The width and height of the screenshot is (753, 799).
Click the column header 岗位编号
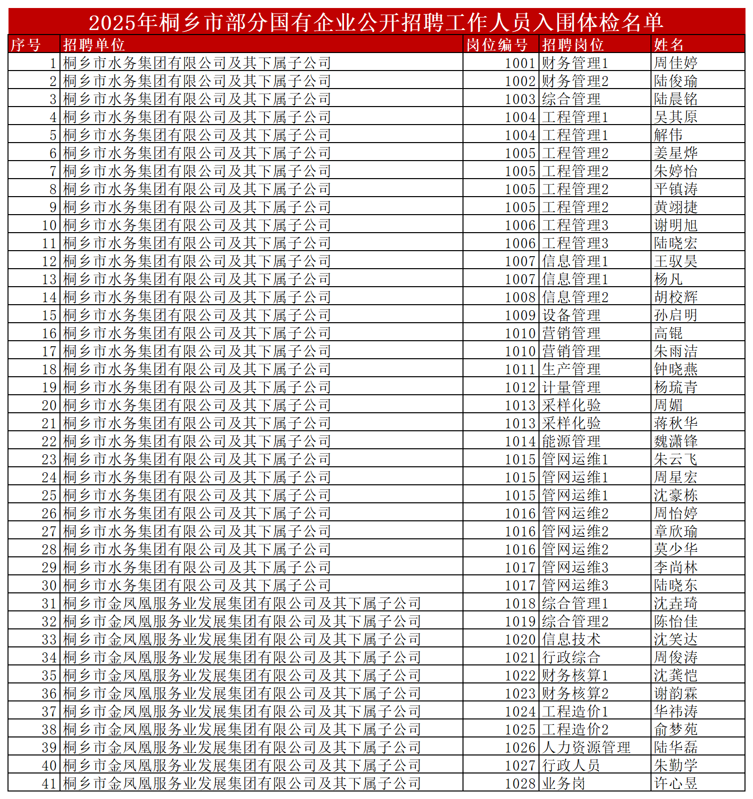click(496, 45)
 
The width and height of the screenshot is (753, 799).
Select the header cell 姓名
click(668, 45)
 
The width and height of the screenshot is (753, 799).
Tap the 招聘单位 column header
click(93, 45)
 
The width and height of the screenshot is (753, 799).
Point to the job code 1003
click(520, 99)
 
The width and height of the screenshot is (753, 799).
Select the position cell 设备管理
click(571, 315)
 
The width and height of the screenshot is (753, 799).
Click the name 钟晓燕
click(675, 369)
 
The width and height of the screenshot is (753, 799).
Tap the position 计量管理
click(571, 387)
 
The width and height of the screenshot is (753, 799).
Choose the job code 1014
click(520, 441)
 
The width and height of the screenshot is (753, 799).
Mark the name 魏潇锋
click(675, 441)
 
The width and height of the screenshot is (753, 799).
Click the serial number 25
click(49, 495)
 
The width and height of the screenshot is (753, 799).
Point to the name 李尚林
click(675, 567)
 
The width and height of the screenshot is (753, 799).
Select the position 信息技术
click(571, 639)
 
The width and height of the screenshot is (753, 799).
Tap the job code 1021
click(520, 657)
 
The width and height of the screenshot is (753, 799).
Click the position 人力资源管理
click(586, 747)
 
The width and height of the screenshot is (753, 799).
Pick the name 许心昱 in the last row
click(675, 783)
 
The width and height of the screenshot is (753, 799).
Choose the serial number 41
click(49, 783)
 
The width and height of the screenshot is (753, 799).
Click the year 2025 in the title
click(112, 23)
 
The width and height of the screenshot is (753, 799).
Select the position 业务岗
click(563, 783)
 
